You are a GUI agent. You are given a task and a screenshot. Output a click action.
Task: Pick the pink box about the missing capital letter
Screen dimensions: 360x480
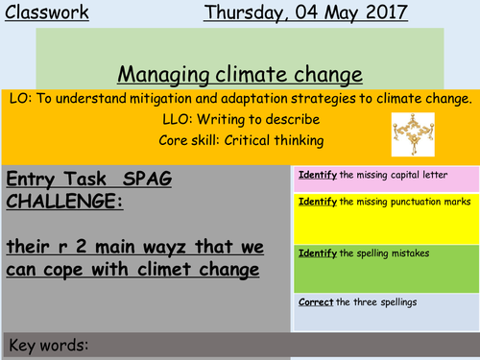[x=383, y=179]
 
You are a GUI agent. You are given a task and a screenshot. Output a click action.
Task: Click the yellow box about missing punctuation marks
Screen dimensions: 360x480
[x=383, y=217]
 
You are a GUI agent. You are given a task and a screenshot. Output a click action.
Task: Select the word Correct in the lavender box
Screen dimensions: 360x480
[x=315, y=302]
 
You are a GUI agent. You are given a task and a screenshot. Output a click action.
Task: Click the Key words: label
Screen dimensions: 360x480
[x=48, y=345]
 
